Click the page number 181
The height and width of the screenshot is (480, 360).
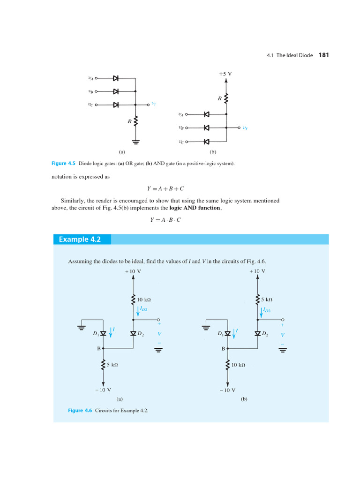coord(323,55)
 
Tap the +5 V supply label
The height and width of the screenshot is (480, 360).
coord(225,74)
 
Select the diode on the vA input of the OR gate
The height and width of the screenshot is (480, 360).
coord(115,78)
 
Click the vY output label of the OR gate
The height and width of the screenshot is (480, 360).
coord(153,104)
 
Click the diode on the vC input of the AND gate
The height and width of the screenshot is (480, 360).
coord(206,142)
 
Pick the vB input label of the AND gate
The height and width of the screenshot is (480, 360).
coord(181,127)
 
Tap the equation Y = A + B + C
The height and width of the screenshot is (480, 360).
coord(165,188)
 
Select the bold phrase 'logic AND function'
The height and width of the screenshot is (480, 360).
coord(197,208)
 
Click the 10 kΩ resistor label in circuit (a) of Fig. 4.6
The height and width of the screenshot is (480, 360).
coord(144,299)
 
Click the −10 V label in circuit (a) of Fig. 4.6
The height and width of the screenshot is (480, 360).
coord(103,390)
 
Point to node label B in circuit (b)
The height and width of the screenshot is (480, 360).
coord(224,349)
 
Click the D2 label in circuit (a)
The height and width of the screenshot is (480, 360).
coord(141,334)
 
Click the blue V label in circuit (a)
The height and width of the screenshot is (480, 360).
coord(159,334)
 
